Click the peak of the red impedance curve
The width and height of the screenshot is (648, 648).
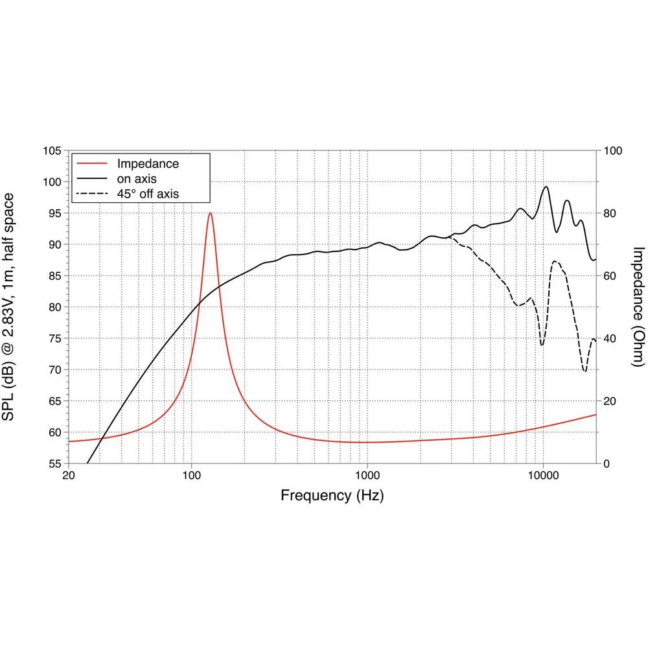[x=210, y=213]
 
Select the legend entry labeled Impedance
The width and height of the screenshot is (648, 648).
[x=147, y=164]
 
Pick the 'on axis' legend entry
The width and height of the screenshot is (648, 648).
[x=136, y=178]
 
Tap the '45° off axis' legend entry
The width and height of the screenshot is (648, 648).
[x=147, y=192]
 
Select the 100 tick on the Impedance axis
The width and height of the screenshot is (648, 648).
[x=612, y=151]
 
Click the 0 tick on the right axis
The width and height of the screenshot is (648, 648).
[x=607, y=464]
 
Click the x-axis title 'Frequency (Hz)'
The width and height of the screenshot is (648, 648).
[x=332, y=496]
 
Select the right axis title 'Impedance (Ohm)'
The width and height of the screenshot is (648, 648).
[x=638, y=307]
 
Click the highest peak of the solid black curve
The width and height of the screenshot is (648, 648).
[x=546, y=187]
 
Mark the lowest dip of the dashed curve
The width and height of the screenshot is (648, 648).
[x=584, y=371]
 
